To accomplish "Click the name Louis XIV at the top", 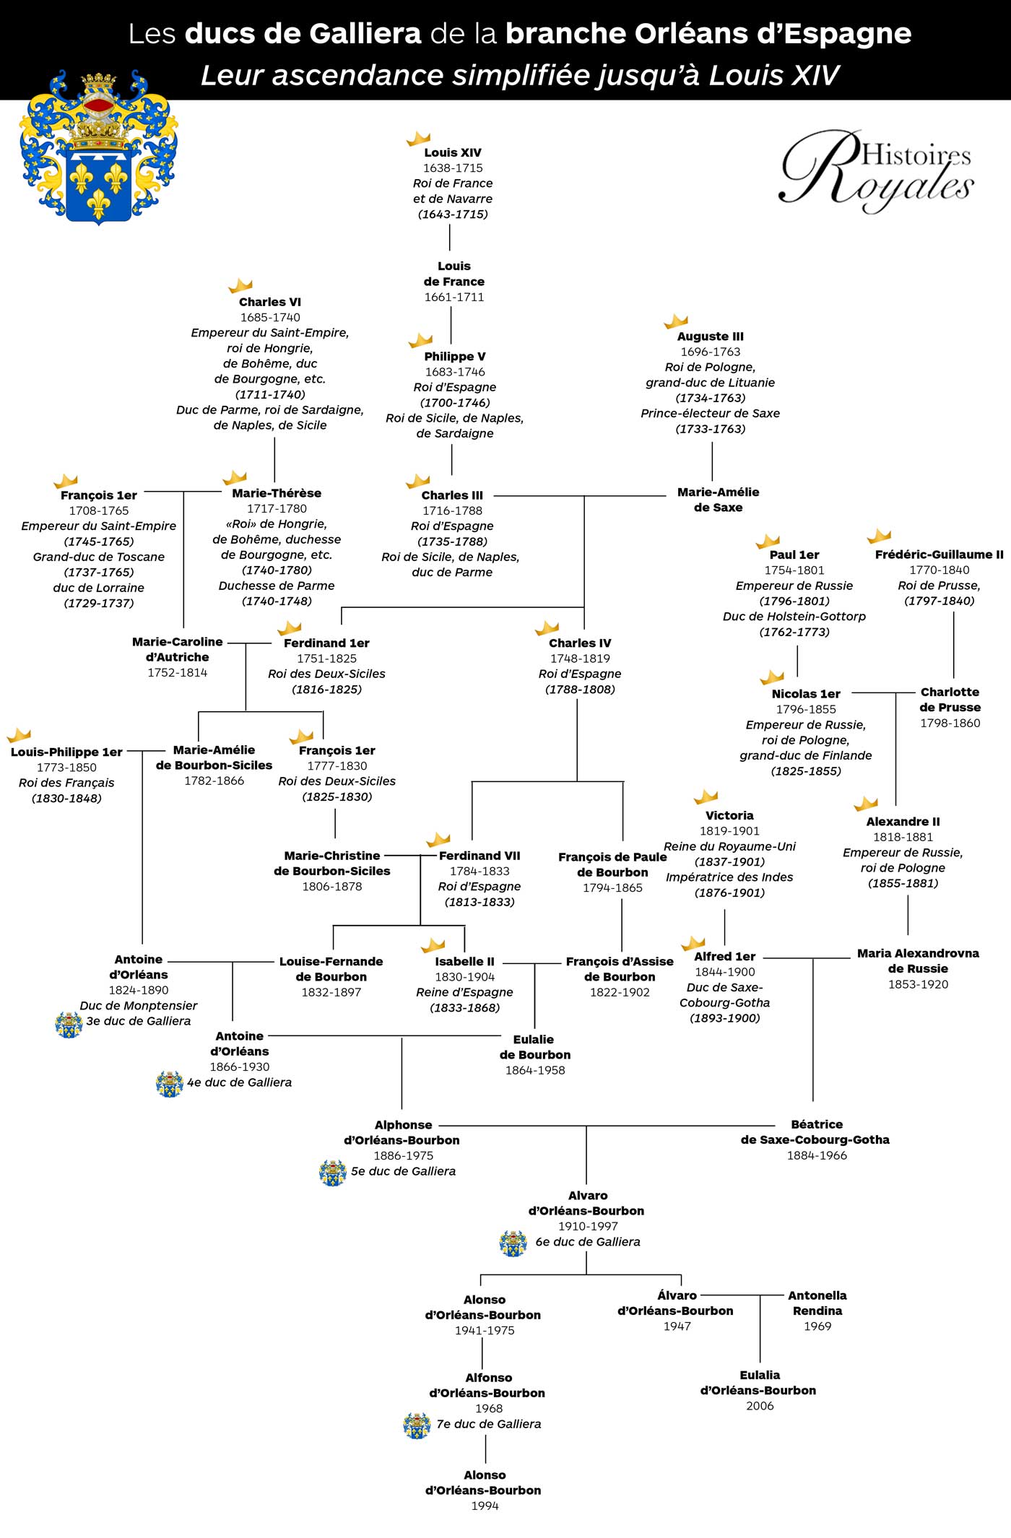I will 453,152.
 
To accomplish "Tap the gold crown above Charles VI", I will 240,285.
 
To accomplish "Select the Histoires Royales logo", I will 877,170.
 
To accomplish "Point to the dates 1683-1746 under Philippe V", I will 455,372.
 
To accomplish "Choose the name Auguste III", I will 710,336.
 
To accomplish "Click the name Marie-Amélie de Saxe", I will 718,500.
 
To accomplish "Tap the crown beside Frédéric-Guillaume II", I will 879,536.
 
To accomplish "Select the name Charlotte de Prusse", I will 950,700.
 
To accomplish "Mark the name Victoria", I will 729,815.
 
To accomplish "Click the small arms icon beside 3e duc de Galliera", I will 69,1025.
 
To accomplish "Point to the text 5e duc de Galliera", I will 403,1171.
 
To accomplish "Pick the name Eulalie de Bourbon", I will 534,1047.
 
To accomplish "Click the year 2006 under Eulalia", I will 760,1406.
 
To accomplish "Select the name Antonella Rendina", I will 817,1303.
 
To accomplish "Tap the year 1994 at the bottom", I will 485,1506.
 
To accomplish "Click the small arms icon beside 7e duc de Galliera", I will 417,1425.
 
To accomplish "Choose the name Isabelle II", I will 464,962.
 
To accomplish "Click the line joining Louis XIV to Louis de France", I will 450,237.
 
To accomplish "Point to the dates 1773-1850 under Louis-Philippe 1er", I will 66,768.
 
